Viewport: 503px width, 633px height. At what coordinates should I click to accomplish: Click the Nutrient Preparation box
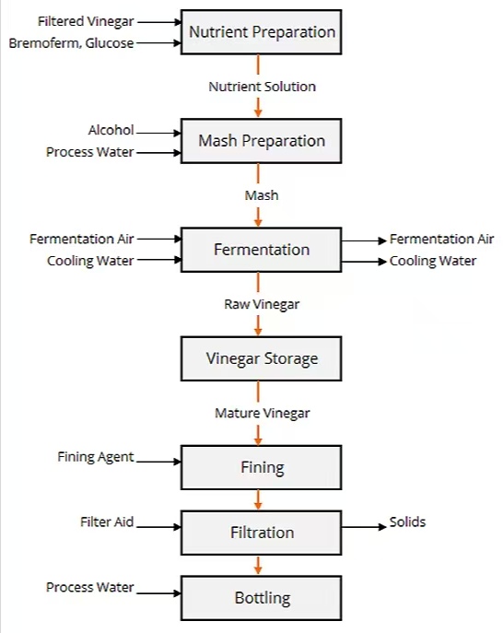262,32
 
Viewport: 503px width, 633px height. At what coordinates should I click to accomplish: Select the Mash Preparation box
262,141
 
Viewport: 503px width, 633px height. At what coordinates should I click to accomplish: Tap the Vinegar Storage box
262,358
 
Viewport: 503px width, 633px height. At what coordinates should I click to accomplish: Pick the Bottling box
262,598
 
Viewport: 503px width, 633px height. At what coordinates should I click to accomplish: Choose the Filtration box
262,533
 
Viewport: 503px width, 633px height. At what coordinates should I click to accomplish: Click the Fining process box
262,467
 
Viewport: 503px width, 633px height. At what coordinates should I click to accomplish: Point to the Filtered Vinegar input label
86,21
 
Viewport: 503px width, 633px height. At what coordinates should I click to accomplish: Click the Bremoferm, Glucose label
71,42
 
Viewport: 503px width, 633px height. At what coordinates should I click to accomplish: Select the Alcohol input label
111,130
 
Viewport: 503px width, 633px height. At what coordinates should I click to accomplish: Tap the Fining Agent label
95,457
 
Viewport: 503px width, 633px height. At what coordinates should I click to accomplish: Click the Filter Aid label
107,522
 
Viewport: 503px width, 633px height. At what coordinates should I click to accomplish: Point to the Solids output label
407,522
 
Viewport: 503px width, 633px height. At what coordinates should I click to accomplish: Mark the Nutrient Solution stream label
262,87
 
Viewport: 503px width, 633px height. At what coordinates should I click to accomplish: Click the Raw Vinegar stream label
262,304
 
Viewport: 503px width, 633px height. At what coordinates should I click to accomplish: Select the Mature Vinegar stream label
263,414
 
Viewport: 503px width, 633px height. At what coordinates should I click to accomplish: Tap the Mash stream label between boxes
262,195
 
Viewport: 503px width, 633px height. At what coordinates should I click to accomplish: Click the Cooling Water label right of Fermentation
433,261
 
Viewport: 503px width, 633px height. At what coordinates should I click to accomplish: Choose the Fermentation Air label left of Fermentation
82,239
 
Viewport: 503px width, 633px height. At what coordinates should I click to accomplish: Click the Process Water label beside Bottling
89,587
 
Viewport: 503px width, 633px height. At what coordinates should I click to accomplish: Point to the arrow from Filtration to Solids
364,527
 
